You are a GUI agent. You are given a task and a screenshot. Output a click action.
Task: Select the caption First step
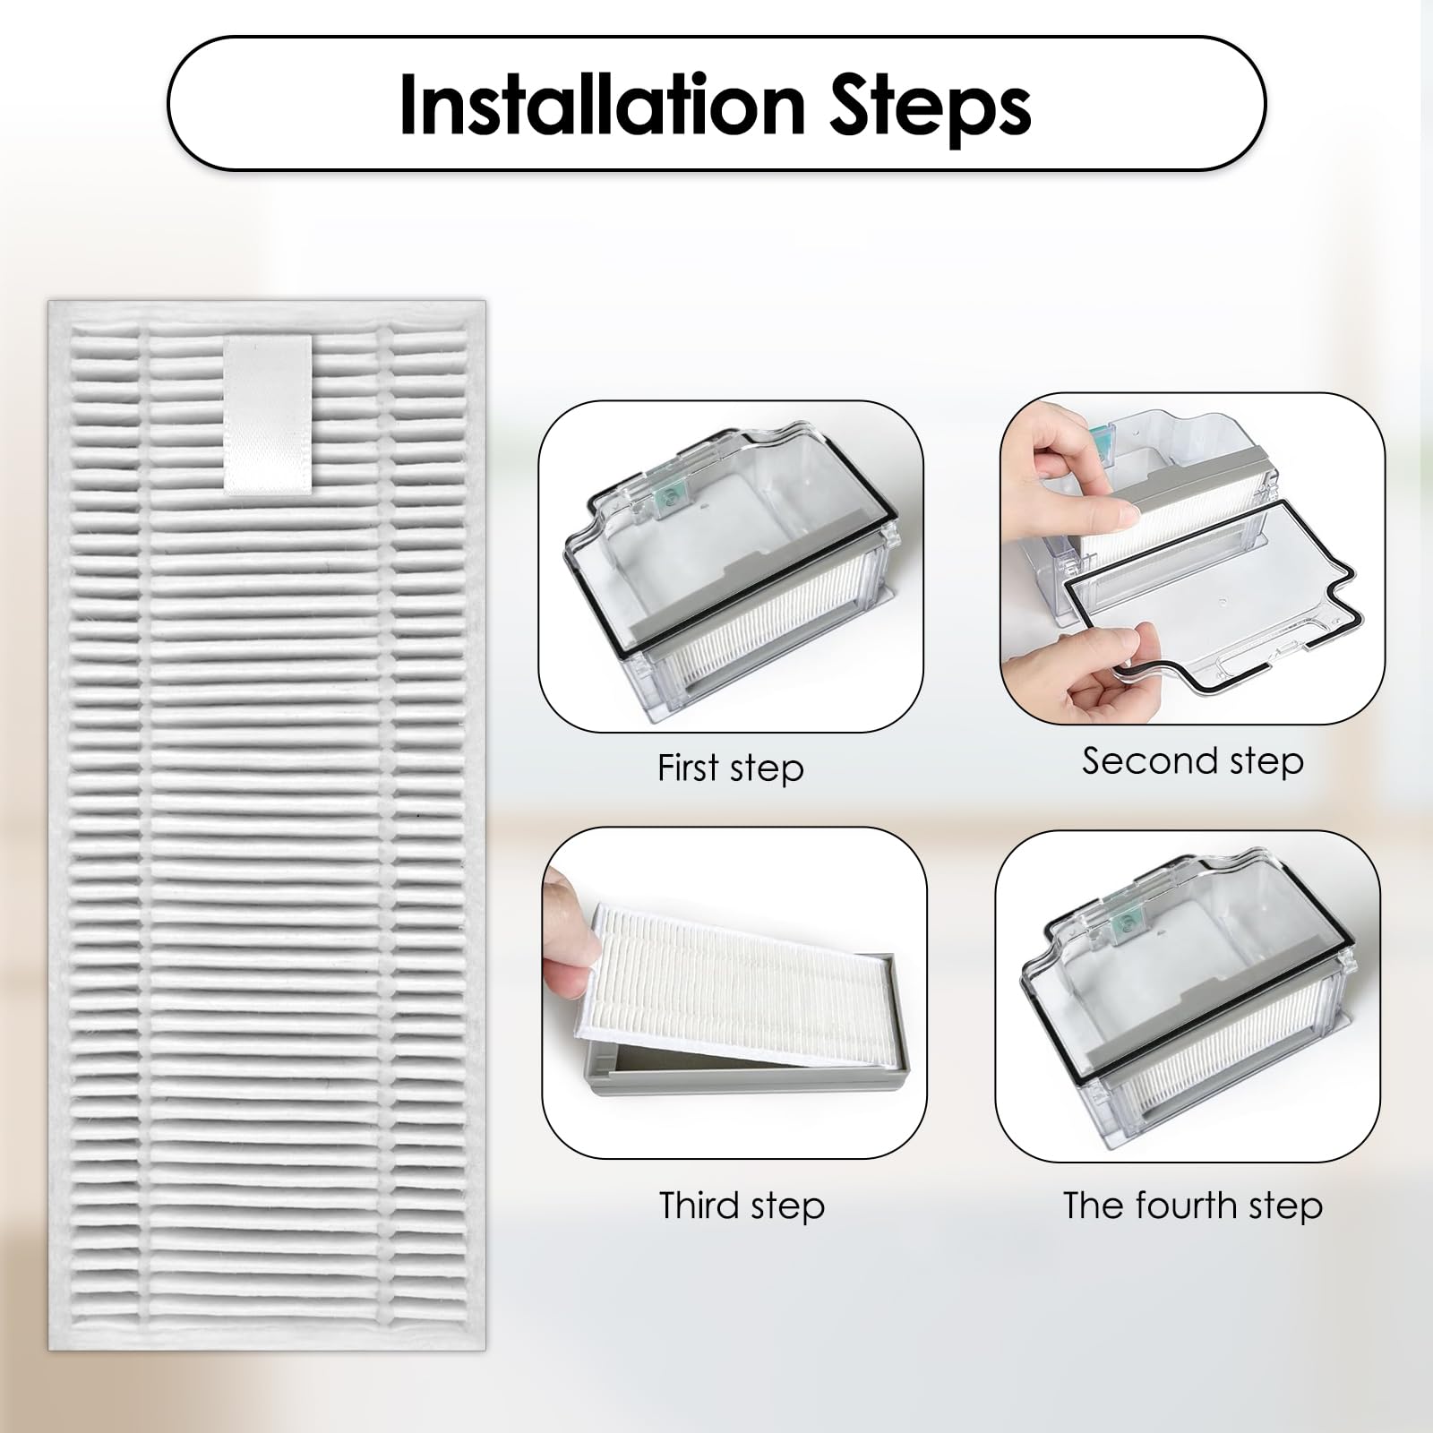point(730,768)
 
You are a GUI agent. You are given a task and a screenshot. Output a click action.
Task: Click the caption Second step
point(1192,761)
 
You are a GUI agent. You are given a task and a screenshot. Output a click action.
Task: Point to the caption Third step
point(742,1206)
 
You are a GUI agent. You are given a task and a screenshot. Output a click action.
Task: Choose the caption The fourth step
point(1192,1206)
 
